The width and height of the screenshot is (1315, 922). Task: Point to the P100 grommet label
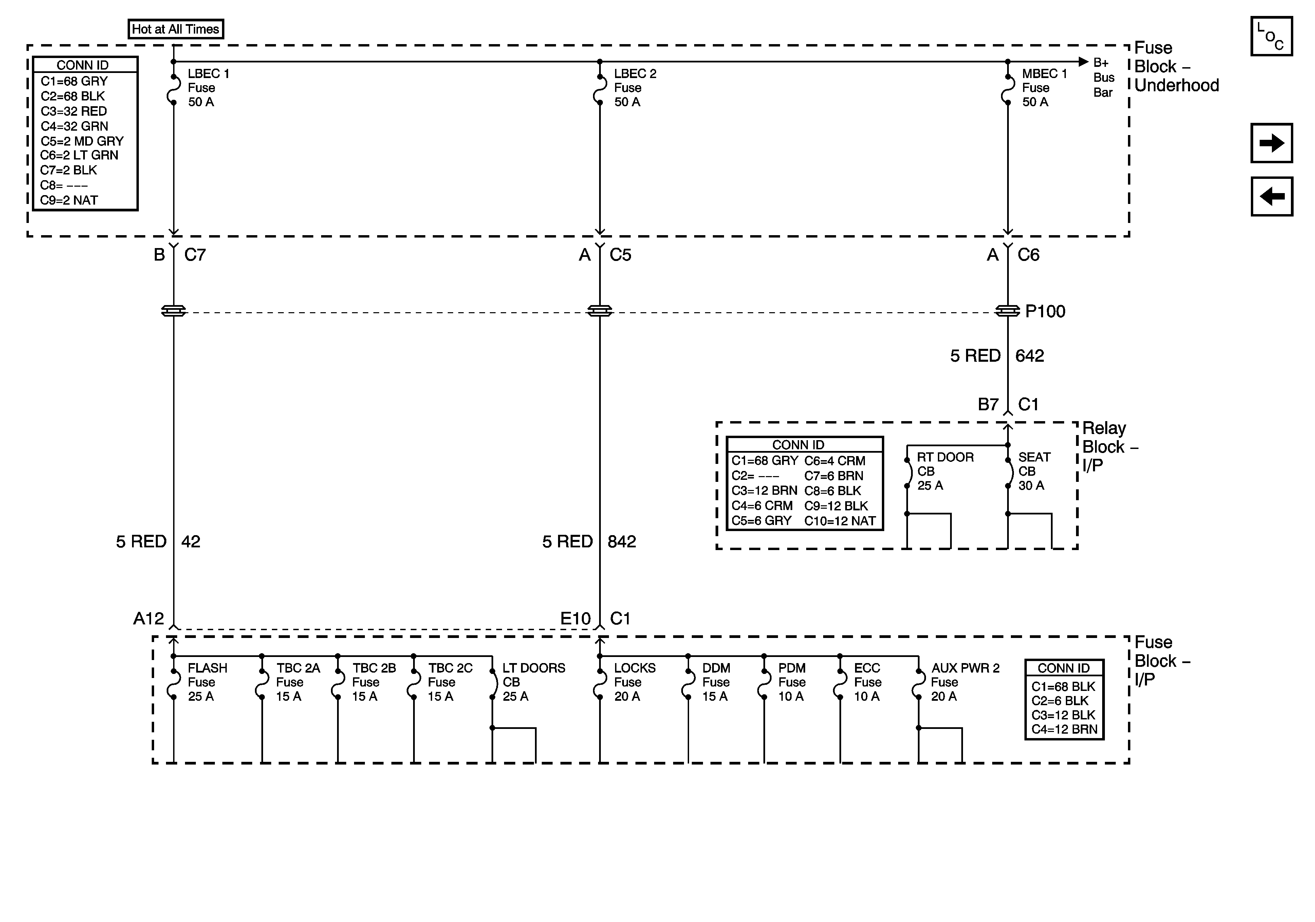(x=1045, y=312)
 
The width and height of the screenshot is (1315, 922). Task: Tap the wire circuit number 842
(x=622, y=542)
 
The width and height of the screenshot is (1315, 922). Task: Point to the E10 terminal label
(x=575, y=619)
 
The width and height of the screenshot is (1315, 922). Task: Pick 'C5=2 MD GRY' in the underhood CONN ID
(x=82, y=141)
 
